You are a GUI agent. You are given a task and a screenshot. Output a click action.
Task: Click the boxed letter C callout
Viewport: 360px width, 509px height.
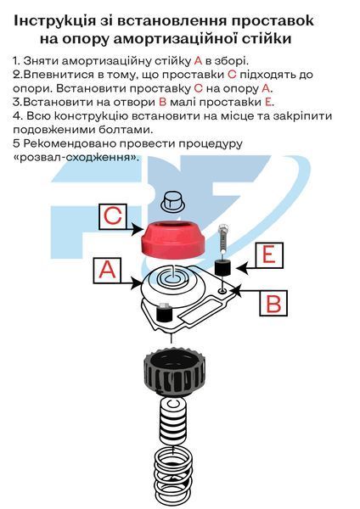tap(113, 216)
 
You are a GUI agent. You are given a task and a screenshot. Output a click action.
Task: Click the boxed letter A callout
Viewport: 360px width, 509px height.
tap(107, 271)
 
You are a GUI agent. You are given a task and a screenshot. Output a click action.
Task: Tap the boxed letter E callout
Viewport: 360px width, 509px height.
tap(269, 255)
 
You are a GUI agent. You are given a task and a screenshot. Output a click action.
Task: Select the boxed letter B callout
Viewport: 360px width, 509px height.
tap(273, 303)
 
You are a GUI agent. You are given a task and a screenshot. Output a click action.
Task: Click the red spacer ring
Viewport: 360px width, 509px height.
tap(173, 239)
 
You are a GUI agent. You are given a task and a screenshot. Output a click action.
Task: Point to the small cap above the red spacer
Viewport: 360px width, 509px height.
tap(172, 200)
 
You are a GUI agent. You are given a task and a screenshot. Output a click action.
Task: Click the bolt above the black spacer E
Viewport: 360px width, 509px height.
tap(223, 239)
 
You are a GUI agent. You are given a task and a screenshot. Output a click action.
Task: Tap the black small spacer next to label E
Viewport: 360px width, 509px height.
tap(222, 267)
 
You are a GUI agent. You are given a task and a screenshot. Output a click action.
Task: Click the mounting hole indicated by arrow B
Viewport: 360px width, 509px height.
tap(222, 290)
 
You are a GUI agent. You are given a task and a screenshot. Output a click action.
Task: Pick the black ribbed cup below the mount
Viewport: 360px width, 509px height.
tap(174, 371)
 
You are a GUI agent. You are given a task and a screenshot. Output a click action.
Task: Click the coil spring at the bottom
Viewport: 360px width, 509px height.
tap(172, 477)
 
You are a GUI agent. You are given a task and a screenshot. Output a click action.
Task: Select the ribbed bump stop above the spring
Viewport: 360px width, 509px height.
tap(173, 421)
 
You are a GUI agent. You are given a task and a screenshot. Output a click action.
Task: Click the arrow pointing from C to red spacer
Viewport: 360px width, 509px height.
tap(135, 229)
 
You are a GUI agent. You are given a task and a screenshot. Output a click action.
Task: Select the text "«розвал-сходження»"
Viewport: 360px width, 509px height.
tap(76, 158)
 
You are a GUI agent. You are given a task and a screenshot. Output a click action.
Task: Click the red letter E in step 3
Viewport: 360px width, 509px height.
tap(268, 102)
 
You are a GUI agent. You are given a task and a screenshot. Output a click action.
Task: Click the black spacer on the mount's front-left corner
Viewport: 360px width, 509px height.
tap(165, 312)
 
